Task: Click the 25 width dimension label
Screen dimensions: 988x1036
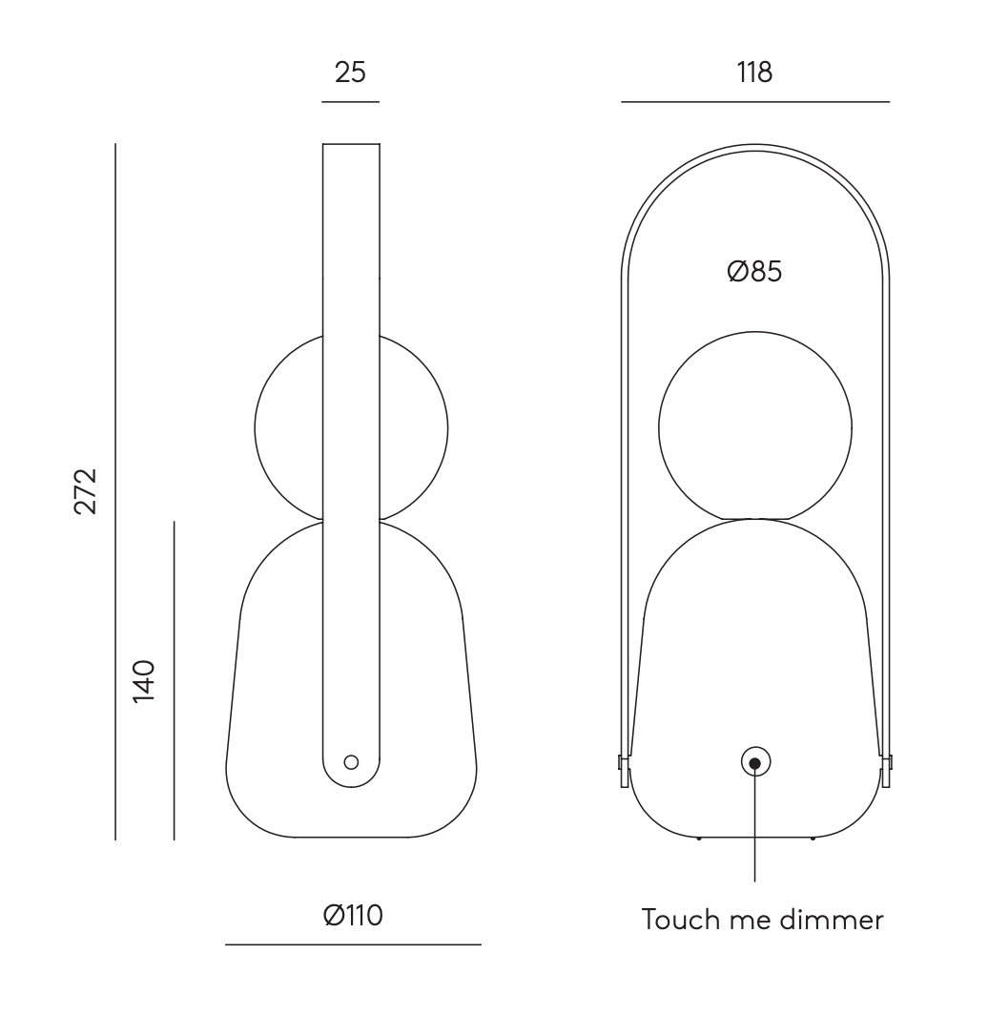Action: coord(350,72)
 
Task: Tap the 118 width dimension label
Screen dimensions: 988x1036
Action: coord(754,72)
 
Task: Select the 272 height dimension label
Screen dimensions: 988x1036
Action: coord(86,491)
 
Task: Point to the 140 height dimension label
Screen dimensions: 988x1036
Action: coord(144,681)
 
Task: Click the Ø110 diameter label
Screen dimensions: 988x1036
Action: coord(353,915)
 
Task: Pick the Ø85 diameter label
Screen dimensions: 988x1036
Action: coord(754,272)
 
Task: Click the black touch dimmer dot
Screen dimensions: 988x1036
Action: coord(755,763)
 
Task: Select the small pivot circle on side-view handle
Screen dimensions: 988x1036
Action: coord(351,762)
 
